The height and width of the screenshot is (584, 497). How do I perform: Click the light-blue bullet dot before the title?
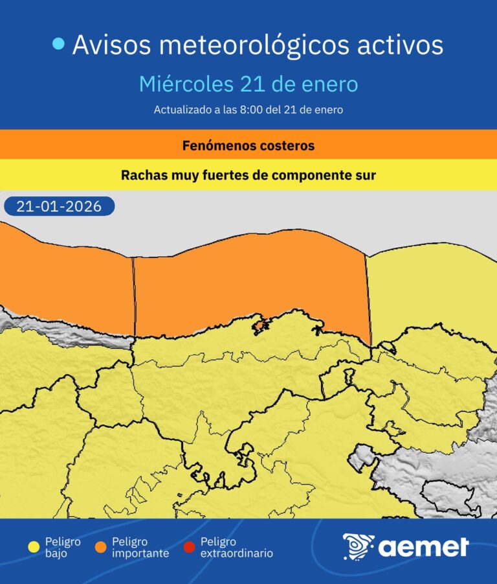click(x=59, y=44)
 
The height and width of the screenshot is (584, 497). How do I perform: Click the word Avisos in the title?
click(x=111, y=45)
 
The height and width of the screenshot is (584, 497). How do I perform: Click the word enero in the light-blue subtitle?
click(x=331, y=85)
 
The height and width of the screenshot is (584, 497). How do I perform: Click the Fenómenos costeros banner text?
click(x=248, y=146)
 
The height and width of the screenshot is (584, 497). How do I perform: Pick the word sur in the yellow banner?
click(x=364, y=176)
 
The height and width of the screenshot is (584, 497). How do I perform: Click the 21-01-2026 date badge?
click(x=59, y=206)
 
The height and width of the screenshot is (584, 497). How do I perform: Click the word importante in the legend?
click(x=140, y=554)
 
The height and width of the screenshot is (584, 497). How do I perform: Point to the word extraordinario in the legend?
click(x=236, y=554)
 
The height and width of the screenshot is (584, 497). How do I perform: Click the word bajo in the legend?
click(x=56, y=554)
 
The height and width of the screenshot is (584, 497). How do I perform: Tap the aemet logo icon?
click(x=357, y=547)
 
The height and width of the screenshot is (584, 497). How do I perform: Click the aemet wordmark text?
click(x=423, y=548)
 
